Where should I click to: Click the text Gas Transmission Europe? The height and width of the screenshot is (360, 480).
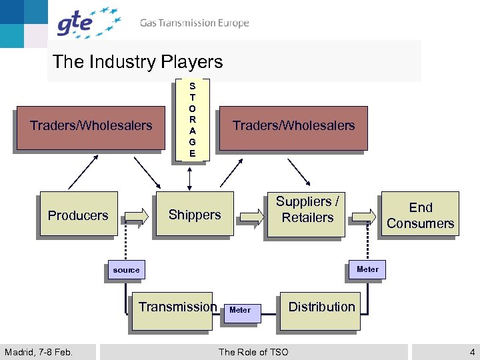coord(194,23)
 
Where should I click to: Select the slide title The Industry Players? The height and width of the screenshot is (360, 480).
coord(137,62)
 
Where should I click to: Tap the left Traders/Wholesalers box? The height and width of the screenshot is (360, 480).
coord(91,126)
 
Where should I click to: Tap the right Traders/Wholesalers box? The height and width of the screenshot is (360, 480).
coord(293,126)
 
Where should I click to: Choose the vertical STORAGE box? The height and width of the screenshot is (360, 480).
coord(192,120)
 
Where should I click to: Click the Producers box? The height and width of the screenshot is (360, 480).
coord(78,215)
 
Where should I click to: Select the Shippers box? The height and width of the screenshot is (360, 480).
coord(194,214)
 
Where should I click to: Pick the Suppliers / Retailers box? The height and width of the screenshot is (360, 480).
coord(307,210)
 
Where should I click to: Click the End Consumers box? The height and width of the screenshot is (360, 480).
coord(420,215)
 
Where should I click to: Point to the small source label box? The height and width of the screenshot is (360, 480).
coord(126,270)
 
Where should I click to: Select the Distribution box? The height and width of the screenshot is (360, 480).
coord(321,308)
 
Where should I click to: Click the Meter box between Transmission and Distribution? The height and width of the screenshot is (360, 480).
coord(240,310)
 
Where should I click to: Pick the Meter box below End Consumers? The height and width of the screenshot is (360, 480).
coord(367,269)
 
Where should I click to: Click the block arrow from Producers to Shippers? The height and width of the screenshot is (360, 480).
coord(136,215)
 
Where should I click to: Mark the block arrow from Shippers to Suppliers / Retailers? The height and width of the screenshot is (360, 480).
coord(251,215)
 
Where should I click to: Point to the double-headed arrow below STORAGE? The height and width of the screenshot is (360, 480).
coord(191,177)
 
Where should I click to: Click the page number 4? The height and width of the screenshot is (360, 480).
coord(472,352)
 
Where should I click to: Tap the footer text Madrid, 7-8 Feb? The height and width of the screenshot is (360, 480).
coord(39,352)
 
